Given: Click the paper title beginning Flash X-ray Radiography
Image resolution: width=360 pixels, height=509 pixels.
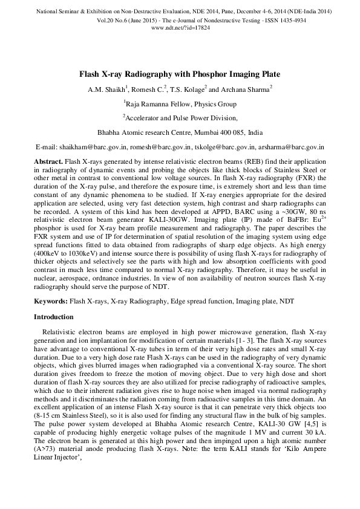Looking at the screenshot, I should point(180,74).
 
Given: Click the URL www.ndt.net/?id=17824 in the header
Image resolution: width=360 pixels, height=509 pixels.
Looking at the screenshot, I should point(180,28).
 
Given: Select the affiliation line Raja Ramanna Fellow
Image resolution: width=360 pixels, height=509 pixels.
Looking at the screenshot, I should point(180,104).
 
